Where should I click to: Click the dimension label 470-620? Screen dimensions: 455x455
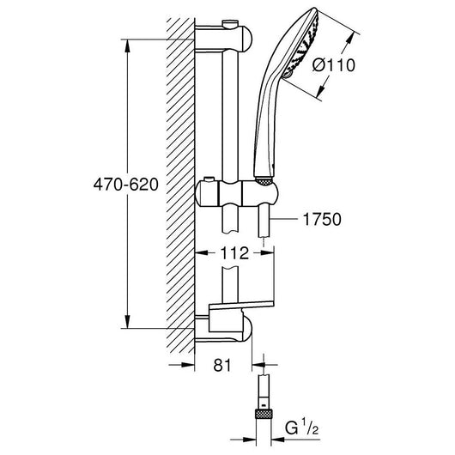pos(126,185)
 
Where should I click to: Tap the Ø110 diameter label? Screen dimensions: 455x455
pos(334,65)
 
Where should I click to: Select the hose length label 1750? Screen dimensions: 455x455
pos(322,220)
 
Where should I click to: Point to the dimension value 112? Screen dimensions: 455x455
pos(234,253)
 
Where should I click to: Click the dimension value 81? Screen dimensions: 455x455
pos(222,365)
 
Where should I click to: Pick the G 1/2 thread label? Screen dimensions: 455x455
pos(302,428)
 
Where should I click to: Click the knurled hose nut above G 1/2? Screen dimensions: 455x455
pos(264,414)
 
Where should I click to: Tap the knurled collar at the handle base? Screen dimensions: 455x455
pos(264,182)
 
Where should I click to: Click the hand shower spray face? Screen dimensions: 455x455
pos(302,44)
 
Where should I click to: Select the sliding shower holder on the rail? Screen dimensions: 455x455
pos(237,193)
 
